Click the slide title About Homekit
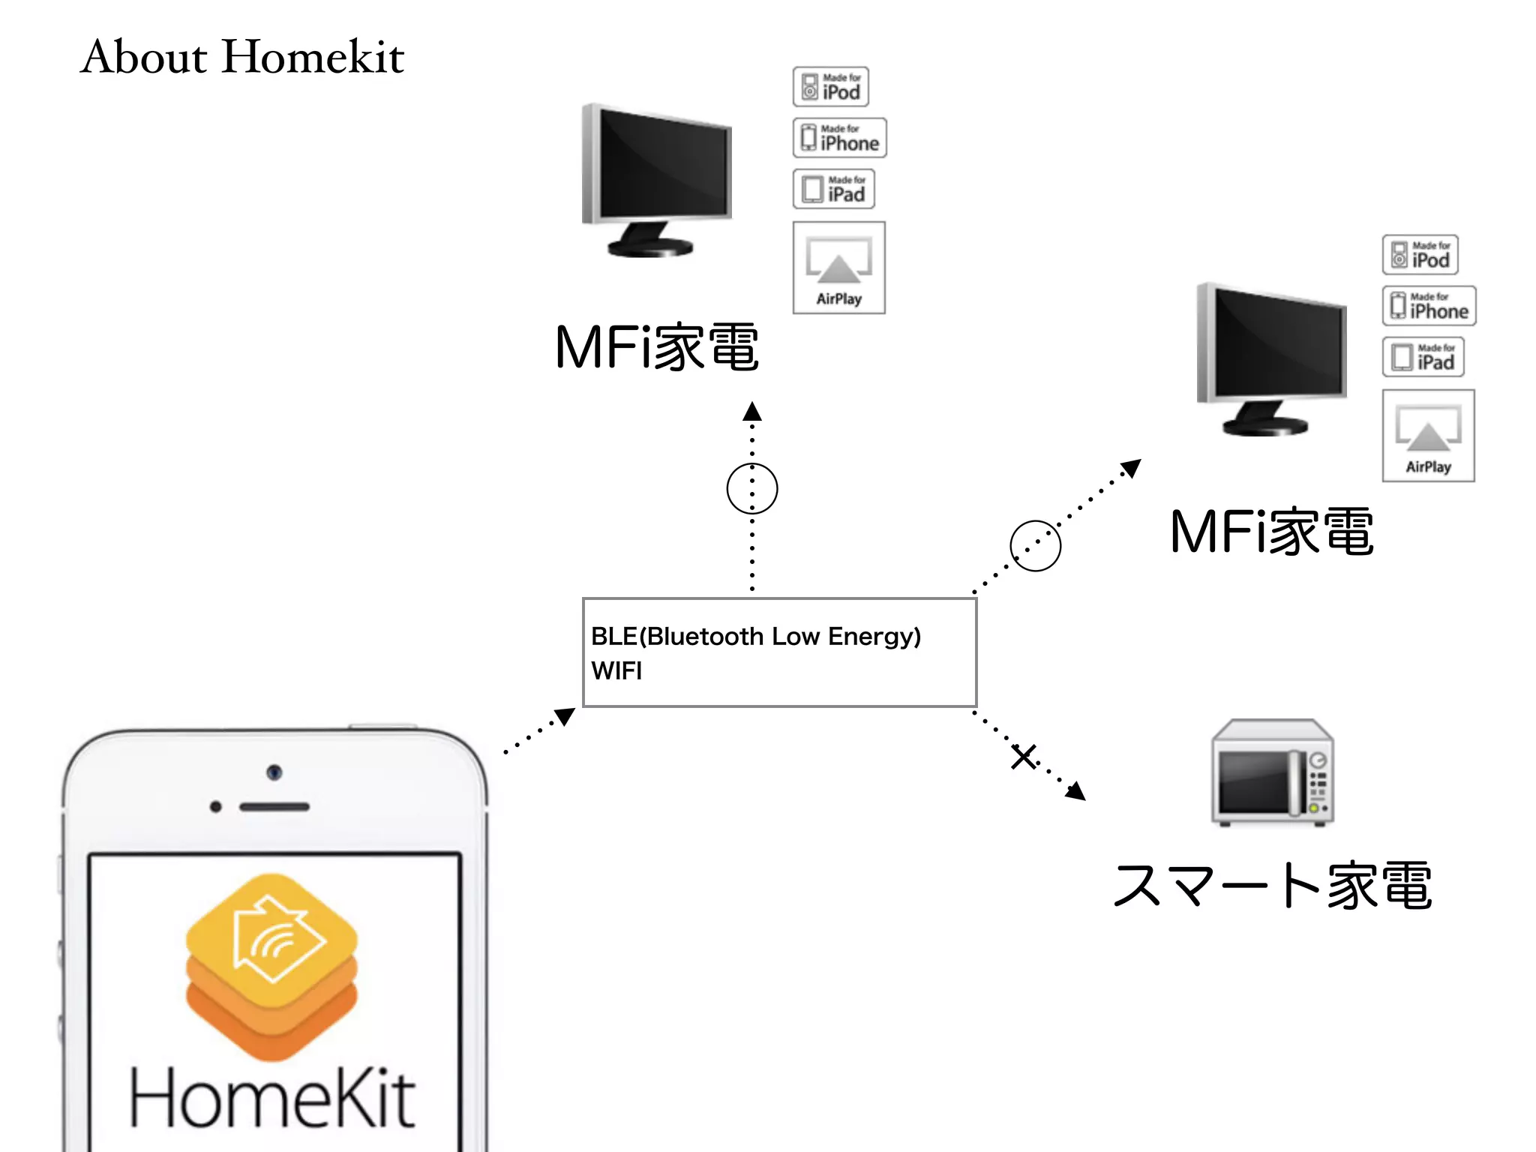242,57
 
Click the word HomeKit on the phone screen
271,1099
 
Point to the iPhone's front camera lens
274,772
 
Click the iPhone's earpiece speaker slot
274,807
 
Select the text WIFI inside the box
616,670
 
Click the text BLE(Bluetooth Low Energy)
755,636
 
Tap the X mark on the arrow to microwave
1024,756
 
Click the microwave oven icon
1272,772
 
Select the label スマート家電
1272,886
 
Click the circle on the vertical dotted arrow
752,488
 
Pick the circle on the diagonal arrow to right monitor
1035,546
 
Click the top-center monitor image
657,180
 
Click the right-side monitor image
1271,358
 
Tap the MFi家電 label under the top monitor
657,347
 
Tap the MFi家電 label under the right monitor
1272,532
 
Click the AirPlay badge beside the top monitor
838,268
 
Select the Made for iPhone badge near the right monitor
1429,306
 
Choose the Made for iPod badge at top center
831,87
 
